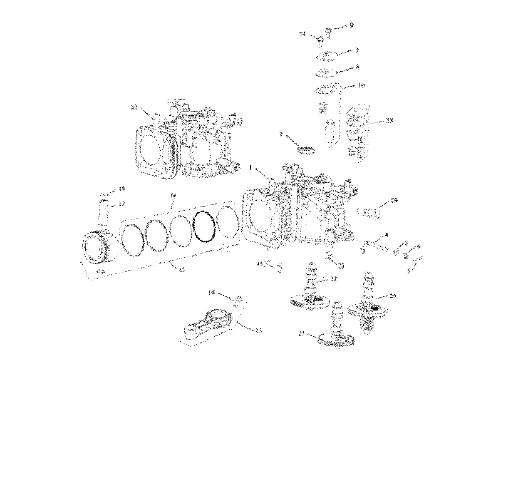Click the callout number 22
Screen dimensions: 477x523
point(134,108)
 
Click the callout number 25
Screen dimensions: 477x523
point(389,121)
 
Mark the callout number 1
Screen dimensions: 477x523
point(250,168)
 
